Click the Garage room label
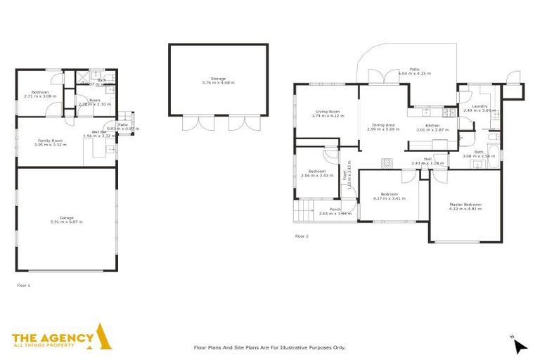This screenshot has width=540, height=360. (67, 218)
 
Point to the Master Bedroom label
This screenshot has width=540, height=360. (465, 205)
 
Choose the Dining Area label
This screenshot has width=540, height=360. (383, 125)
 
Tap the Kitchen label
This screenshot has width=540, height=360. (427, 126)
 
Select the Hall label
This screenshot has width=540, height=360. (427, 159)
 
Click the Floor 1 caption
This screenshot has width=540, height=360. (23, 285)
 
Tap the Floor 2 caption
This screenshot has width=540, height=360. (302, 236)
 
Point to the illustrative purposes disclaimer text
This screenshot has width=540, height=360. (269, 347)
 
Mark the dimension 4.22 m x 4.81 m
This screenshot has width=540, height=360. (465, 209)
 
